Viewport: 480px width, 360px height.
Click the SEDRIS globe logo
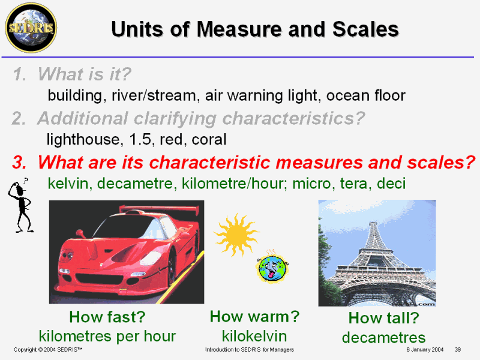(x=31, y=28)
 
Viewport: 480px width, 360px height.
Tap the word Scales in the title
(x=366, y=29)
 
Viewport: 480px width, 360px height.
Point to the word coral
(x=209, y=140)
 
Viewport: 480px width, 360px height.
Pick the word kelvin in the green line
(x=68, y=184)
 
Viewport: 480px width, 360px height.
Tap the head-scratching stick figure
(x=20, y=205)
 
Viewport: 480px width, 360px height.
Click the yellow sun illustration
(x=236, y=235)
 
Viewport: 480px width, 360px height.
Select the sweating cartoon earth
(x=272, y=267)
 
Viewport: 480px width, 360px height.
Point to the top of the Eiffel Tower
(x=373, y=222)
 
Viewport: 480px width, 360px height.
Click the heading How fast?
(x=107, y=317)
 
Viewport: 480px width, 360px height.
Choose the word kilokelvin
(x=254, y=336)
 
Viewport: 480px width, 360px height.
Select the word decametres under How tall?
(x=383, y=338)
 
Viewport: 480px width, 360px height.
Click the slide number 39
(x=458, y=350)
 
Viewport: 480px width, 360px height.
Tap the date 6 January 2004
(x=425, y=350)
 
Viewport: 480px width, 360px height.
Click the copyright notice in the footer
(x=48, y=350)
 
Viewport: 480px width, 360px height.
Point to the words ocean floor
(x=366, y=95)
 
